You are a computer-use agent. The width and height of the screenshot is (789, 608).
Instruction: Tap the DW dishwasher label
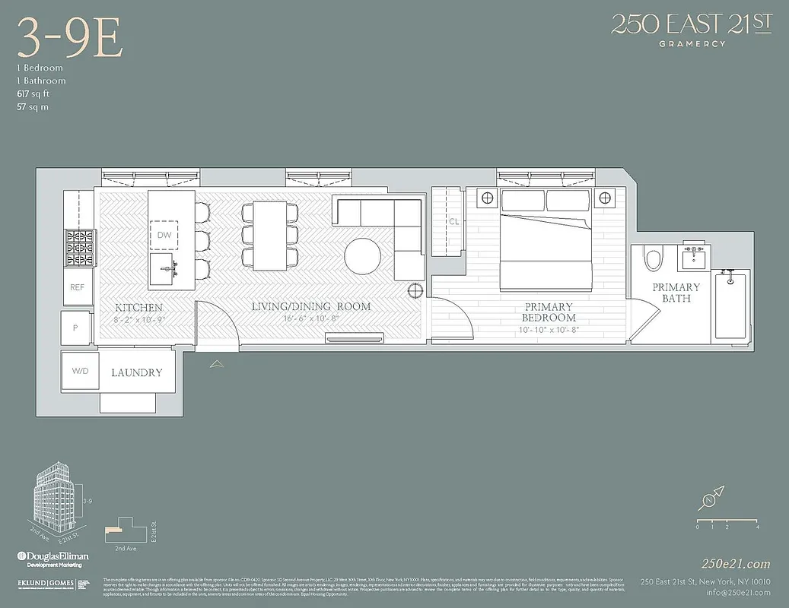(164, 235)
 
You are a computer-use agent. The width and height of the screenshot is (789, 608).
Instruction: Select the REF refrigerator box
(77, 287)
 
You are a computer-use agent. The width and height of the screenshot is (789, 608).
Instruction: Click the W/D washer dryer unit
(80, 372)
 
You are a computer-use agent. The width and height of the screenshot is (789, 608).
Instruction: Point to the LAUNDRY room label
(137, 373)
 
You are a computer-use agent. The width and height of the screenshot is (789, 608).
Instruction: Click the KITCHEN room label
(138, 308)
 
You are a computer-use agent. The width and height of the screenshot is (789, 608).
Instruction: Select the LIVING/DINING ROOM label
(312, 307)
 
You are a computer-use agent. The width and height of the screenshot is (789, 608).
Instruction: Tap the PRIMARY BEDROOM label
(549, 312)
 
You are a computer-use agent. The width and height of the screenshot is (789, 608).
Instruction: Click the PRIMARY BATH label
(676, 293)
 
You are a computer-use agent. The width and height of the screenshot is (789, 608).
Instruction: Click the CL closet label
(453, 222)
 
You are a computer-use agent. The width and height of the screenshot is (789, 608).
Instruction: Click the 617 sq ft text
(34, 93)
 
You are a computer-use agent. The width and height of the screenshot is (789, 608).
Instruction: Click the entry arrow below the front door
(217, 365)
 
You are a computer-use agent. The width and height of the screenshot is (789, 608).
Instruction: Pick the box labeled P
(75, 328)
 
